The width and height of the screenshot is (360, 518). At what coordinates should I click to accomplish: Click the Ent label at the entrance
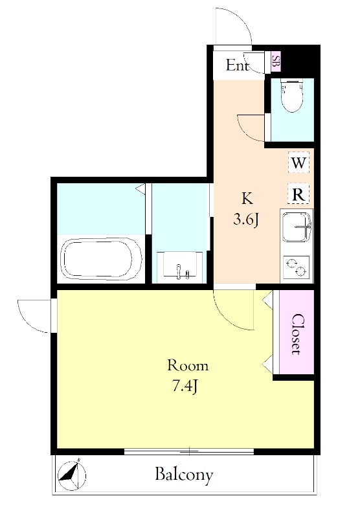pos(237,65)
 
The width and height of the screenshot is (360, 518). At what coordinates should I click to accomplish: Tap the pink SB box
pos(275,62)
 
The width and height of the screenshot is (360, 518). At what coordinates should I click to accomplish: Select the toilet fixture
pos(292,95)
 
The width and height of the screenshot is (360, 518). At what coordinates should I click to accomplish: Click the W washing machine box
pos(298,163)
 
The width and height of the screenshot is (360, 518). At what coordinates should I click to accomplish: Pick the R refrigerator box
pos(298,194)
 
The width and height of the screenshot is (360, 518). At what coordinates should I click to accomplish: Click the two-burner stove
pos(296,267)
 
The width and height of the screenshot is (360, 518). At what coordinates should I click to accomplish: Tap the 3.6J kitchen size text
pos(245,219)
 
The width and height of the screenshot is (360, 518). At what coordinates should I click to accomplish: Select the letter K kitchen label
pos(247,198)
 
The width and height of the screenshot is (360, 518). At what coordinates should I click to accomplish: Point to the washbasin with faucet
pos(179,267)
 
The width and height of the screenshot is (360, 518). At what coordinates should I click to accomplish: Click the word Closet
pos(297,333)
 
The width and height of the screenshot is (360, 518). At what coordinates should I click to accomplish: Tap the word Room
pos(188,365)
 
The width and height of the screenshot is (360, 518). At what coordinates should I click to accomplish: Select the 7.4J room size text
pos(185,386)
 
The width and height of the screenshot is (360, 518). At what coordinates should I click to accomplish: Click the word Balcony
pos(185,475)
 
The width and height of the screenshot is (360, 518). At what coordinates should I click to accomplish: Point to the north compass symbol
pos(72,475)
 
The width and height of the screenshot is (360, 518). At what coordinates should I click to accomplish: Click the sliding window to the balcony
pos(189,451)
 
